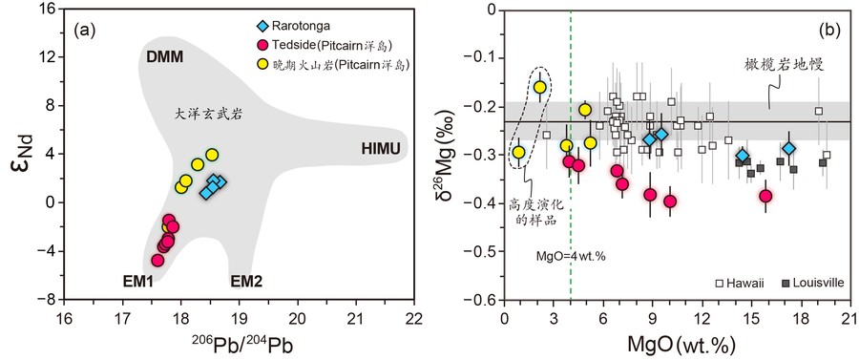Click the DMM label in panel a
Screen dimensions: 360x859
pyautogui.click(x=164, y=57)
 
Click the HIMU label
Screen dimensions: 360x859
pyautogui.click(x=379, y=148)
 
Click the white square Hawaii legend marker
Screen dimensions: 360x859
pyautogui.click(x=722, y=284)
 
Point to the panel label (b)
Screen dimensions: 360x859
pyautogui.click(x=828, y=30)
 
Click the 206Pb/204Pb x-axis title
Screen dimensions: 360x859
pyautogui.click(x=238, y=345)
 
